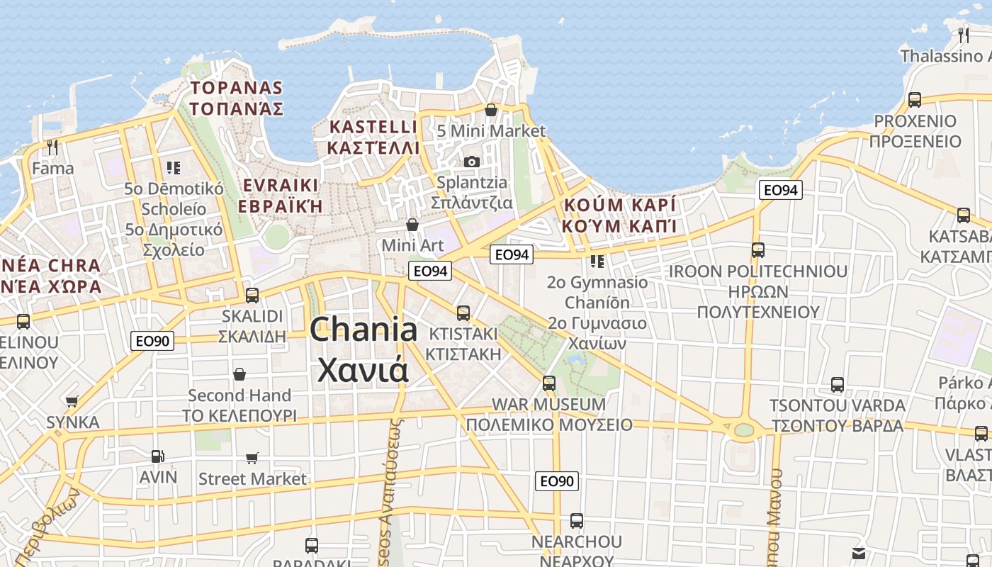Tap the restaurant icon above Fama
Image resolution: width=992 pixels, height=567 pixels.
tap(52, 147)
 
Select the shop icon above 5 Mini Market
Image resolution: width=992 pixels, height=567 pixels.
tap(490, 110)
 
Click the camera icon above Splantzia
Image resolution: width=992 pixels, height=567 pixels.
tap(472, 162)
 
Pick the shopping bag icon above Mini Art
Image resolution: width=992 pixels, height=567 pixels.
tap(412, 225)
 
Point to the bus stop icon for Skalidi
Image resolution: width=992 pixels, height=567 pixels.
tap(252, 295)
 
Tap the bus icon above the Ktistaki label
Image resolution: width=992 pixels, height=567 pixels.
tap(463, 312)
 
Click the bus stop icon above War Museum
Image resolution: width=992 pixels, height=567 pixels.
tap(549, 383)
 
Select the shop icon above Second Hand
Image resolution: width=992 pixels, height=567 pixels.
tap(239, 374)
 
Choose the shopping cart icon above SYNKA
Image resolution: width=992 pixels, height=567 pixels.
tap(72, 401)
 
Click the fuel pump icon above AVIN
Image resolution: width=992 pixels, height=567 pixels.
tap(157, 456)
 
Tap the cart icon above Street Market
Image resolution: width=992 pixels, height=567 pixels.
tap(252, 458)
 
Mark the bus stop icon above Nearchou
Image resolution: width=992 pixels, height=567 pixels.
tap(577, 520)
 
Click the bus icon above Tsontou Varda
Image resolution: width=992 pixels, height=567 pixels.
tap(838, 385)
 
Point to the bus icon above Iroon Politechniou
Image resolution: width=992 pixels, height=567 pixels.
tap(758, 249)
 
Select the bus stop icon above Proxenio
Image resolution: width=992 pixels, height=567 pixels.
tap(915, 99)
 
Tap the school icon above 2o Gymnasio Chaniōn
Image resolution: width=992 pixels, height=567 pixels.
tap(597, 262)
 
